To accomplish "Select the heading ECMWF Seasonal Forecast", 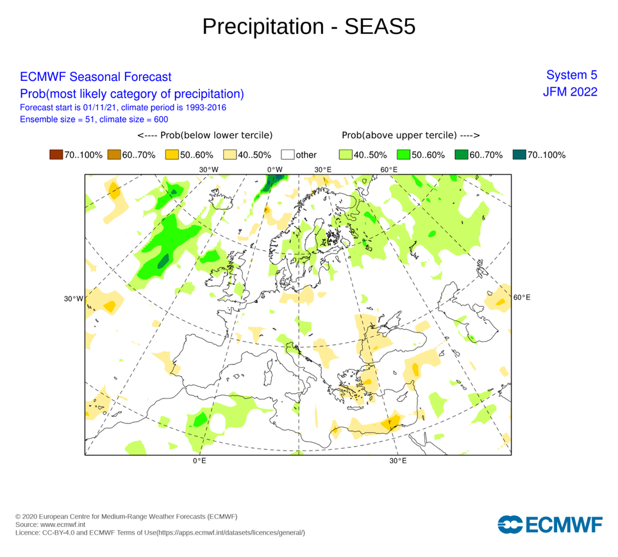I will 96,77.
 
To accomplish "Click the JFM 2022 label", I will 570,92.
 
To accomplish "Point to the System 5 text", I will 572,74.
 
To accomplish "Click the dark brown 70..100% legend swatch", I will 56,155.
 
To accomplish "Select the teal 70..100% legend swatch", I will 519,155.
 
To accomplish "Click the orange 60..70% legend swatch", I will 113,155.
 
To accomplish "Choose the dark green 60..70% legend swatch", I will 461,155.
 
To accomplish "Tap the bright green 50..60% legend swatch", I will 403,155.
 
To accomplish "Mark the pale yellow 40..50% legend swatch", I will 229,155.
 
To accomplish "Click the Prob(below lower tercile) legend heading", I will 205,135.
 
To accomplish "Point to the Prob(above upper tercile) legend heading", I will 411,135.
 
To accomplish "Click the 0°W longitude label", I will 275,170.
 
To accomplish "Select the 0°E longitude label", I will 199,461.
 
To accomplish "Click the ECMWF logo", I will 549,524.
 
